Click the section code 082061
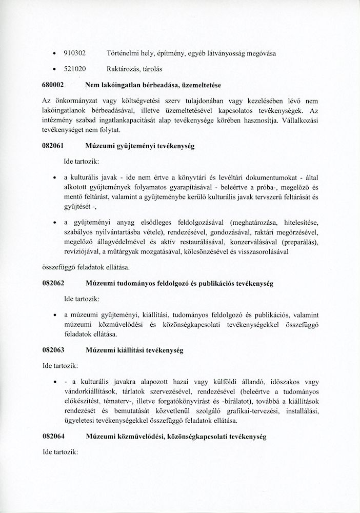tap(52, 146)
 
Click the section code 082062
tap(52, 283)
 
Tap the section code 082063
tap(52, 350)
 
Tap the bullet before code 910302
tap(54, 53)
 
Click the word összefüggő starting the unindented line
tap(57, 267)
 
